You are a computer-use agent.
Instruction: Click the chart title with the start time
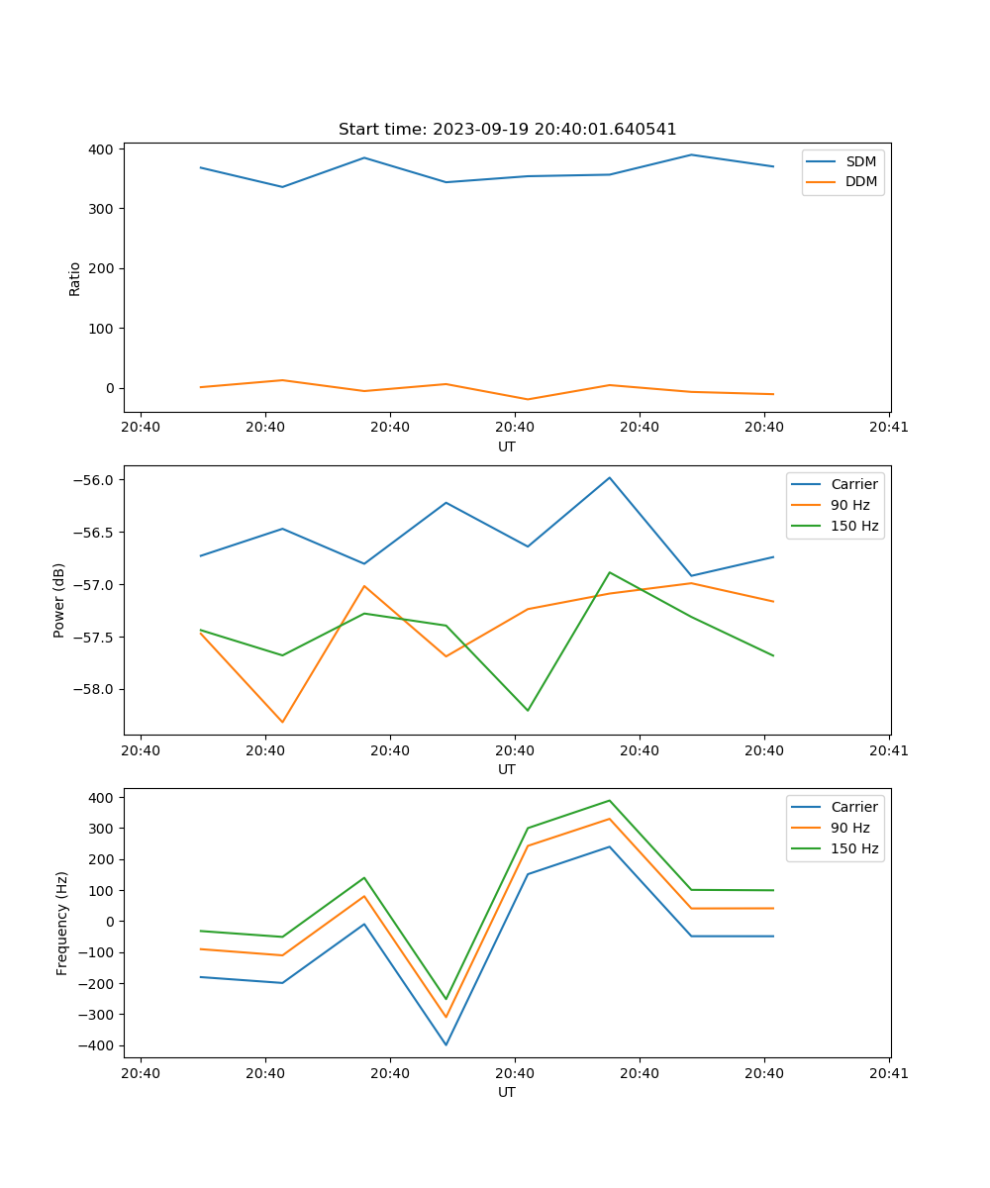tap(507, 130)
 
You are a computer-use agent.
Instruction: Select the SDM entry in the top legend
tap(860, 161)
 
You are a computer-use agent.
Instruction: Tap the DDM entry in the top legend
tap(860, 181)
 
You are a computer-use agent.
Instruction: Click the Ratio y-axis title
tap(75, 278)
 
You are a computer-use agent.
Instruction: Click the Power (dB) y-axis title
tap(59, 600)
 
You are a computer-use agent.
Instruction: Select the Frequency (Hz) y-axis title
tap(61, 923)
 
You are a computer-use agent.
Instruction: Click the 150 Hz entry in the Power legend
tap(854, 526)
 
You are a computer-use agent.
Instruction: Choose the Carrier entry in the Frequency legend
tap(854, 807)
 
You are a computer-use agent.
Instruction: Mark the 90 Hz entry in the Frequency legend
tap(850, 828)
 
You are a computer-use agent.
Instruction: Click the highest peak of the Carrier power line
tap(610, 477)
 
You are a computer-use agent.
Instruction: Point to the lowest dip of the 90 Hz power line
tap(282, 722)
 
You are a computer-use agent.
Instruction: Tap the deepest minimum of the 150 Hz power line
tap(528, 710)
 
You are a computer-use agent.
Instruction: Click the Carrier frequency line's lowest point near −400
tap(445, 1044)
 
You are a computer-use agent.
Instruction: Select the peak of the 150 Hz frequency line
tap(610, 801)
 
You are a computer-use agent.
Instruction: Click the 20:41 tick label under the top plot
tap(889, 428)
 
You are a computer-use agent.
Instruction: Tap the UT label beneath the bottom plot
tap(507, 1092)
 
